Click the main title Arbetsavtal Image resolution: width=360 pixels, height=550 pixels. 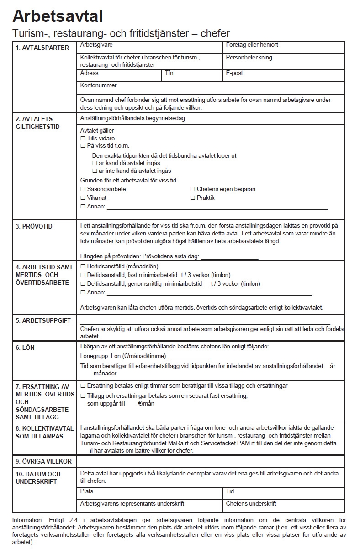click(58, 16)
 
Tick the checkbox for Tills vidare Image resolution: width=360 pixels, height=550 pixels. click(83, 138)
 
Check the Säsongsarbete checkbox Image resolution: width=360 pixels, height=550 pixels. click(83, 189)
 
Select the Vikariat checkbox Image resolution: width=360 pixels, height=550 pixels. click(83, 198)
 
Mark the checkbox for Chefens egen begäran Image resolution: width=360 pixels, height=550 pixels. click(192, 189)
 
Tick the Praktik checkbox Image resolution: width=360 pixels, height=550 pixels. click(192, 198)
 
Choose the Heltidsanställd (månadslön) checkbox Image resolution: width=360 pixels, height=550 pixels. click(83, 266)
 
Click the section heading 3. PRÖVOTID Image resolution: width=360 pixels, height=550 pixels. click(34, 226)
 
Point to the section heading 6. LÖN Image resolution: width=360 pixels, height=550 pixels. click(25, 347)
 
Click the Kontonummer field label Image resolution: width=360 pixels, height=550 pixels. click(98, 85)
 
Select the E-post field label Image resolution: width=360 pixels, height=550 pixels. click(234, 73)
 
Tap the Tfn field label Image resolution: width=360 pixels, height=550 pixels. click(169, 73)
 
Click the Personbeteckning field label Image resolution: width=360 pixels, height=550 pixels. click(249, 58)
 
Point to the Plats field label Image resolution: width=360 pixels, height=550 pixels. click(87, 491)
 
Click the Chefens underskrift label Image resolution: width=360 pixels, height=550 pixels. click(251, 504)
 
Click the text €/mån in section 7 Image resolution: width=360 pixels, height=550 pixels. click(146, 404)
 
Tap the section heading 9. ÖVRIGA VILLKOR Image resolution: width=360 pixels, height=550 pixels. click(44, 461)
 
